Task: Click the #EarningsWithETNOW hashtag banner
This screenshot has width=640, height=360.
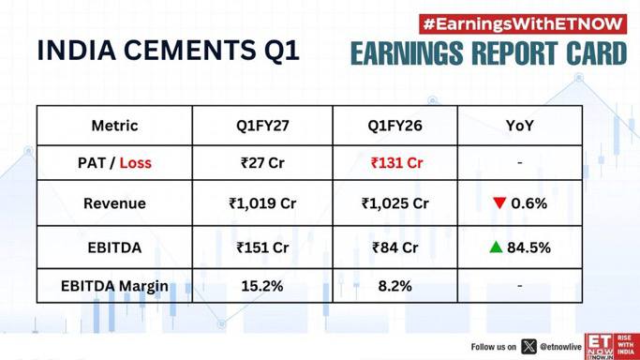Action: click(x=523, y=24)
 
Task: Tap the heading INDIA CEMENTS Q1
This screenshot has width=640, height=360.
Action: click(x=168, y=51)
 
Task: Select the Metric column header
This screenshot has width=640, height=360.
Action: click(x=114, y=126)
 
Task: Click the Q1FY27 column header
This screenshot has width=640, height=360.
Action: click(x=262, y=126)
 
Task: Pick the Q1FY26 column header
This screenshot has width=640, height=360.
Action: click(x=394, y=126)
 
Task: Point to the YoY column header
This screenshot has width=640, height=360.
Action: click(x=520, y=126)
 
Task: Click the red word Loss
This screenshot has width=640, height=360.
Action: click(x=136, y=163)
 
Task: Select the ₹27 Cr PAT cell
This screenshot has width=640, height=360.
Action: click(x=262, y=163)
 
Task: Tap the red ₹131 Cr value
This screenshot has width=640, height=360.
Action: click(x=396, y=163)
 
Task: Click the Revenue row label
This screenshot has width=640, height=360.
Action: click(x=114, y=203)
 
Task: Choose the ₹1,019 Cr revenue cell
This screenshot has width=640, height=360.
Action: click(x=262, y=203)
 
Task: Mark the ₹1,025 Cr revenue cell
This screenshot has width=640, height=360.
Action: click(x=394, y=203)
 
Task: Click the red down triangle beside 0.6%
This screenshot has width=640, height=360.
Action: click(x=499, y=202)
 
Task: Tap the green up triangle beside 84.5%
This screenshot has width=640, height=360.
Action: click(x=496, y=247)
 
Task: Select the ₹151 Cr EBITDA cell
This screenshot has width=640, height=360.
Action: click(x=262, y=247)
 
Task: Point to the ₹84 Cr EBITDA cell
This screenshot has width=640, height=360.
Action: click(x=394, y=247)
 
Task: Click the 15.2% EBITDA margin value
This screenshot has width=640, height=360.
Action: click(x=262, y=286)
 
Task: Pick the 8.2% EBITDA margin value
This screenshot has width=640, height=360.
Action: click(x=394, y=286)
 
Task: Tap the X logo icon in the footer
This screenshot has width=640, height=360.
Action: click(x=529, y=347)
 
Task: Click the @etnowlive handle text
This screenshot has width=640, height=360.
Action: click(x=560, y=347)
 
